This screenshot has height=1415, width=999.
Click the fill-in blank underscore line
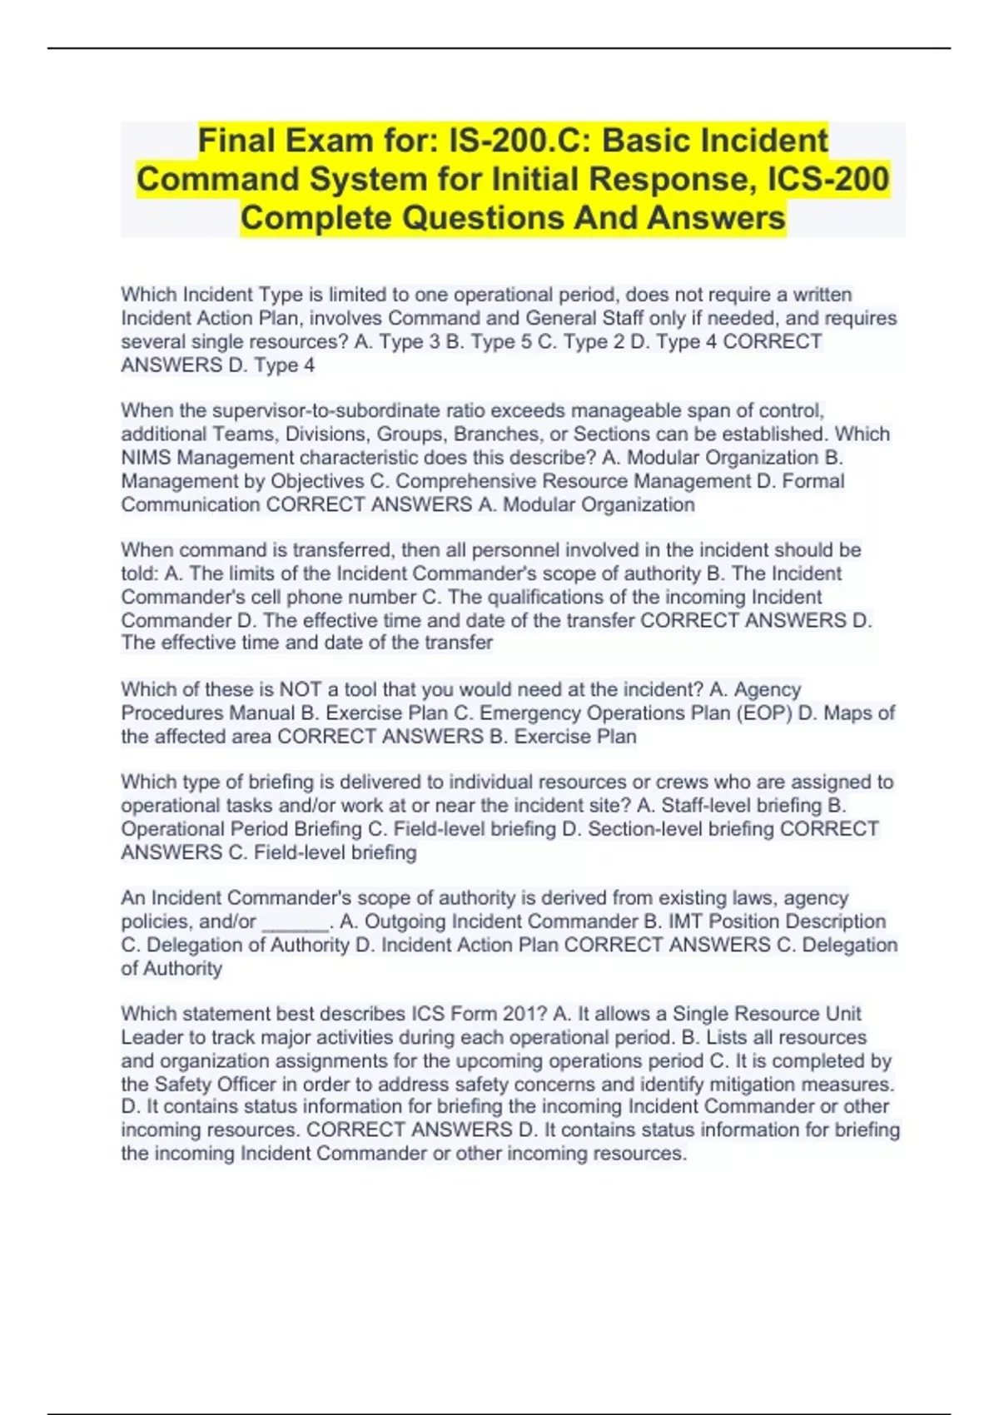(296, 922)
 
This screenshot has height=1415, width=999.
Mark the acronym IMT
(685, 921)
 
